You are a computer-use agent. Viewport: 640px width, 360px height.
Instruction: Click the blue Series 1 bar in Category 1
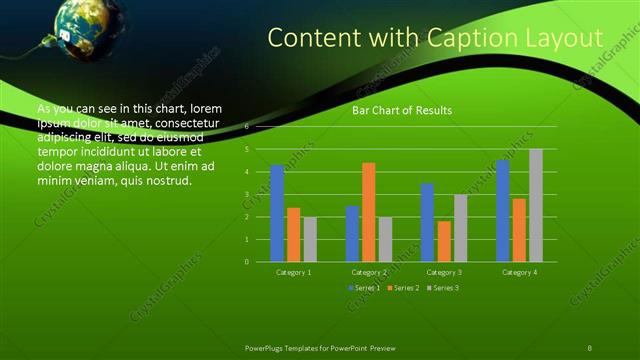(277, 213)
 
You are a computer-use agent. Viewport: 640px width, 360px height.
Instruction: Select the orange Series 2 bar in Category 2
(368, 212)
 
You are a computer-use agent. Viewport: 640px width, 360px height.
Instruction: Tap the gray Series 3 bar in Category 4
(535, 205)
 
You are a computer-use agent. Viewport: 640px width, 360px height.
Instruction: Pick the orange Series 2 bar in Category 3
(443, 241)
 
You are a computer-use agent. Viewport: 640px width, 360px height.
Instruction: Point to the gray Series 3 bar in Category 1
(310, 239)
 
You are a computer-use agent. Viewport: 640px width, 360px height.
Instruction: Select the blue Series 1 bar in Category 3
(427, 222)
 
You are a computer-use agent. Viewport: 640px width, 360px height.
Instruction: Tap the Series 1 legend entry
(364, 288)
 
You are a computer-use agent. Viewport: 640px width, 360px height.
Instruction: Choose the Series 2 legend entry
(402, 288)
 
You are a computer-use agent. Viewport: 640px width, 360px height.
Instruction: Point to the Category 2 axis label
(368, 272)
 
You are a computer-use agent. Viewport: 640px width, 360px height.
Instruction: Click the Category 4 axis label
(518, 272)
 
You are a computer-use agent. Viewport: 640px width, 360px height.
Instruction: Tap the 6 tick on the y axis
(247, 127)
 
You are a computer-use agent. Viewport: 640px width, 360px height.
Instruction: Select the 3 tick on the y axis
(247, 194)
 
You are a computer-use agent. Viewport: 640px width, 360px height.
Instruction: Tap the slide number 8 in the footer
(590, 346)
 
